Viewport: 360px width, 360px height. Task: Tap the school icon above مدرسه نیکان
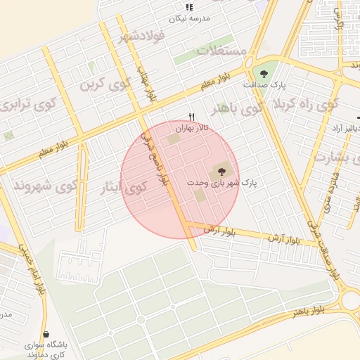[188, 7]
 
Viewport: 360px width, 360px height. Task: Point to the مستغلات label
[221, 51]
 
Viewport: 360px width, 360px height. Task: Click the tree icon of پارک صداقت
[264, 73]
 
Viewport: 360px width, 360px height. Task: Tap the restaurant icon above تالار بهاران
[190, 117]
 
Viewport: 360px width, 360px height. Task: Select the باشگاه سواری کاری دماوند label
[46, 349]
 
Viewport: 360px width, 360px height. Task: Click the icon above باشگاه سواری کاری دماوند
[46, 334]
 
